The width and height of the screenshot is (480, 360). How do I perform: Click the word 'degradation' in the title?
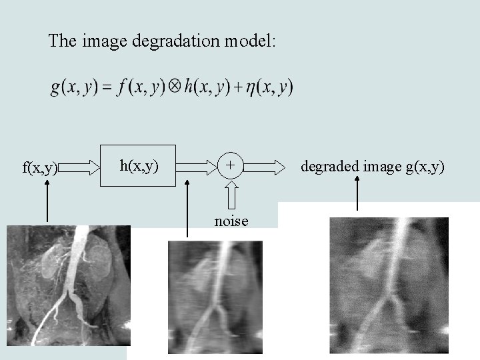[x=177, y=41]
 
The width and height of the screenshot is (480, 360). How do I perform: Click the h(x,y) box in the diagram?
[x=139, y=163]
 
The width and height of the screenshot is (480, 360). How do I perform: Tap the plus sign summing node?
[x=230, y=164]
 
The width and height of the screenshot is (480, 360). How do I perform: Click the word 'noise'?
[x=231, y=221]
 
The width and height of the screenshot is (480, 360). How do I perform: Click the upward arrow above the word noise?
[x=231, y=197]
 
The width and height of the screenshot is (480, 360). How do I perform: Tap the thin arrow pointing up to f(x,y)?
[x=47, y=200]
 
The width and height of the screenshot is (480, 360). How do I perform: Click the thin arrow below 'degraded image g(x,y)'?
[x=357, y=193]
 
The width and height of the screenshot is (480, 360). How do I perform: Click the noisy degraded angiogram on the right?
[x=389, y=285]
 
